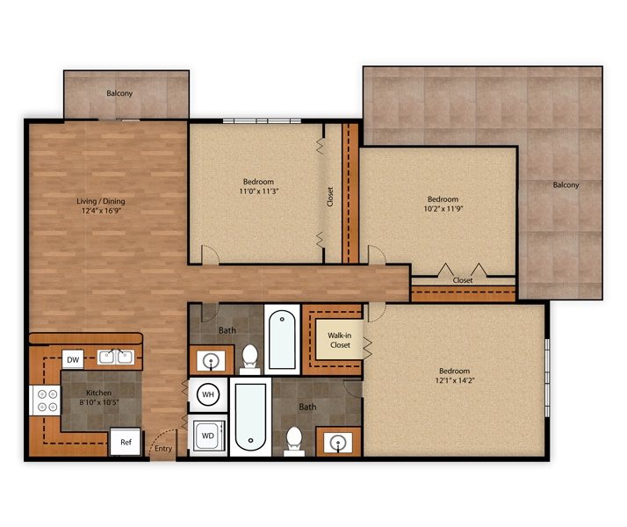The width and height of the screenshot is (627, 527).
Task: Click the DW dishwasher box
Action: [x=73, y=359]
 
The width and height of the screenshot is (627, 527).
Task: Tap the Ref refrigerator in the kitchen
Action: [x=126, y=442]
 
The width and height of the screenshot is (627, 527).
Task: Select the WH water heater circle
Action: [x=208, y=394]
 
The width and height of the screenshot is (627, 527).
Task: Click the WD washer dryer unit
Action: [x=208, y=436]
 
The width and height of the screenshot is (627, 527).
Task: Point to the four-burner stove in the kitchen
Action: [x=45, y=401]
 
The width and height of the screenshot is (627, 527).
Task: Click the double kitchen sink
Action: [x=116, y=357]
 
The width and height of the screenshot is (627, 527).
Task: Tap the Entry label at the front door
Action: [x=163, y=449]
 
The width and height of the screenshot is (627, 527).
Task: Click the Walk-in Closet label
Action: [x=340, y=340]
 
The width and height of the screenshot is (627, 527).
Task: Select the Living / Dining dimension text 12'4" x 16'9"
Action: [x=101, y=211]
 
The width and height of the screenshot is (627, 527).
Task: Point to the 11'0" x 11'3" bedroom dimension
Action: [x=259, y=191]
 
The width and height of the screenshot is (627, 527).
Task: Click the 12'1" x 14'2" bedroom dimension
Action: [x=455, y=380]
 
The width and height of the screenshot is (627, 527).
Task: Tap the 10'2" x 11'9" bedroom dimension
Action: [x=443, y=208]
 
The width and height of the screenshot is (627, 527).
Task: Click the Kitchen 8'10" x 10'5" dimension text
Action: [x=98, y=402]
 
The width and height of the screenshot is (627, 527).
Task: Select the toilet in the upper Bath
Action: [x=250, y=359]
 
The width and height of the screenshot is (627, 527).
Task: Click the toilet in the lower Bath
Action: [x=294, y=442]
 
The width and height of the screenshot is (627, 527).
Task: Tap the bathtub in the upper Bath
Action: [x=282, y=339]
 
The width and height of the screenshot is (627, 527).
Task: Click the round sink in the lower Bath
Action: [x=338, y=443]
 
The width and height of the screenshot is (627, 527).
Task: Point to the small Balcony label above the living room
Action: [x=119, y=93]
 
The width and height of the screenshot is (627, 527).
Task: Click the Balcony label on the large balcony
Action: [x=566, y=184]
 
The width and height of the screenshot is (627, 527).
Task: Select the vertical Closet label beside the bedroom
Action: [x=330, y=197]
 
